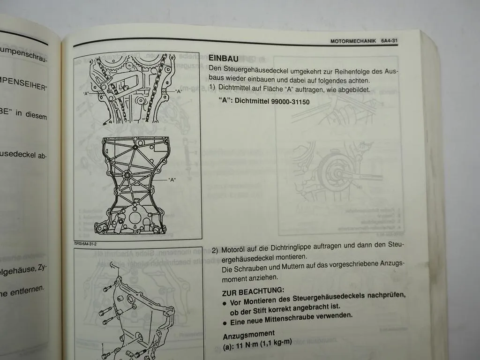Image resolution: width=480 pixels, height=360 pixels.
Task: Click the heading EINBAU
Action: [x=224, y=59]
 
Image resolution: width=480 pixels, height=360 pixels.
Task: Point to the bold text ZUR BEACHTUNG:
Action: [x=253, y=291]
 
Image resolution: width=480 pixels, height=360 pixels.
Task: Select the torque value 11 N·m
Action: [x=248, y=343]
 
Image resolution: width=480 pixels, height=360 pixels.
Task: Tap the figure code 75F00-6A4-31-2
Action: [x=89, y=243]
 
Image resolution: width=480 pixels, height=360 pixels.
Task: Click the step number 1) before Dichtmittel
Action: [x=213, y=89]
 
